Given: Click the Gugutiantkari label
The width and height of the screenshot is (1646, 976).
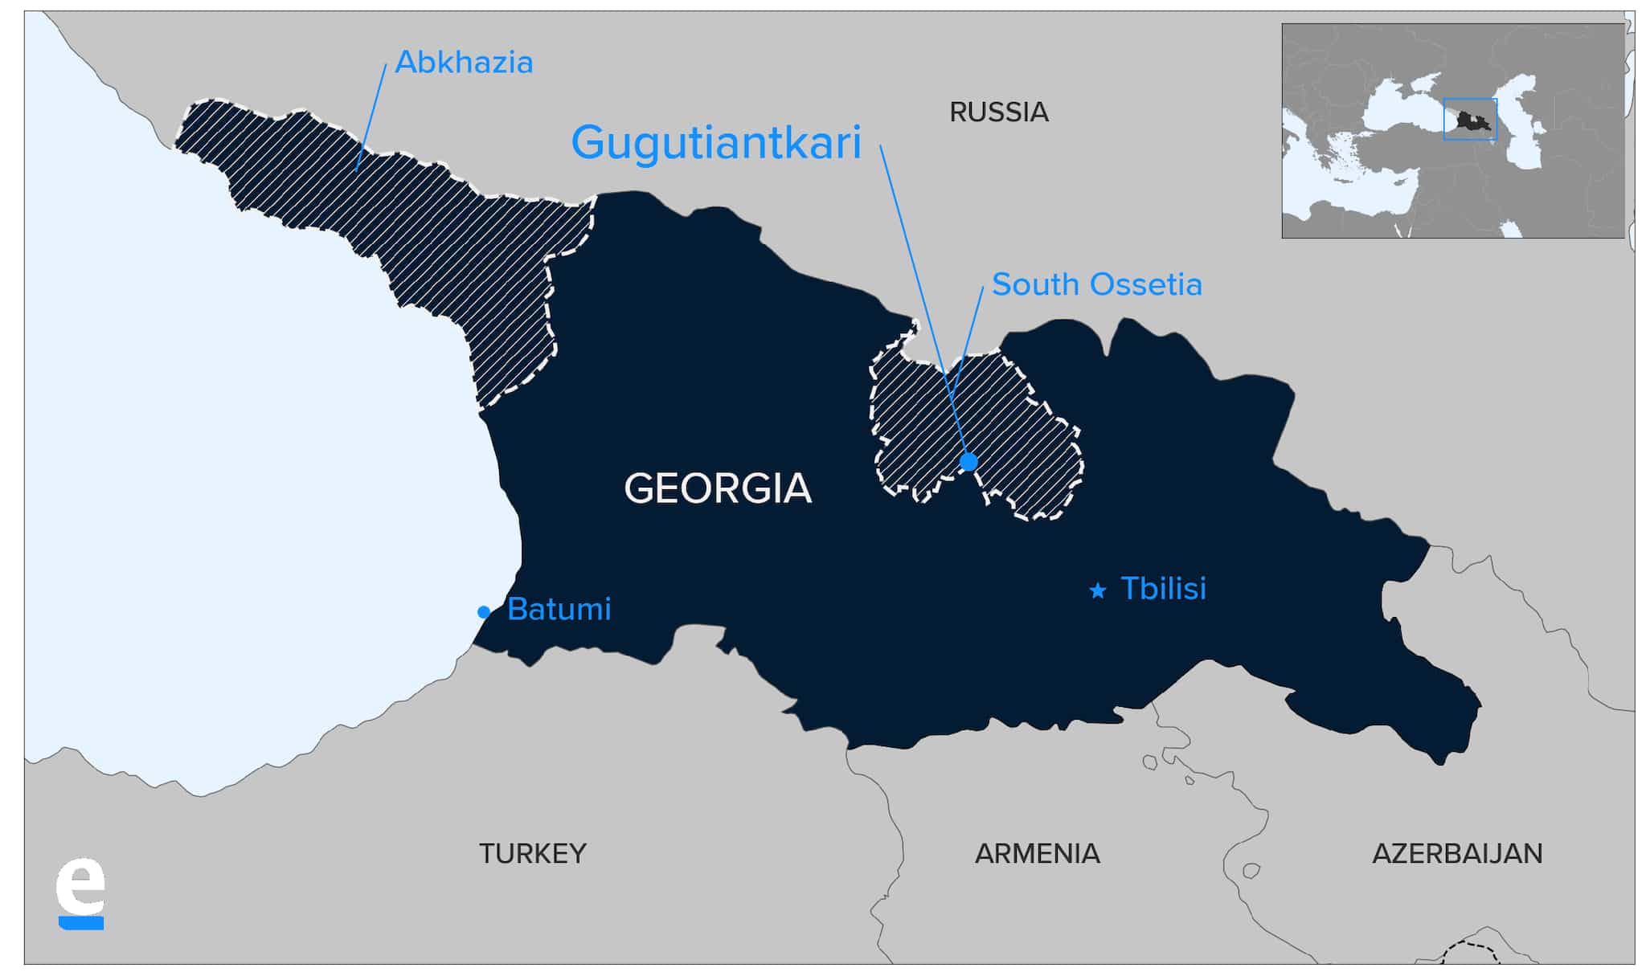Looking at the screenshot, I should click(x=716, y=143).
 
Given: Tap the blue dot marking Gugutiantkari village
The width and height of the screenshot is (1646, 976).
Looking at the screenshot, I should click(x=968, y=462).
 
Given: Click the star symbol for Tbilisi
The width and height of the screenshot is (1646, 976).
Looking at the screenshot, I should click(x=1097, y=590).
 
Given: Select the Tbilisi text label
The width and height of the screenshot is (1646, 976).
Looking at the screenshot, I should click(x=1163, y=589).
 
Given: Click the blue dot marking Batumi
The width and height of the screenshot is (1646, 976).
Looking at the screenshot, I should click(x=484, y=612).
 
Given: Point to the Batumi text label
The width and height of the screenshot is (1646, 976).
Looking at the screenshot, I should click(x=559, y=610).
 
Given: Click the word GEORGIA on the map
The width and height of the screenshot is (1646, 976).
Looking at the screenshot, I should click(x=718, y=488).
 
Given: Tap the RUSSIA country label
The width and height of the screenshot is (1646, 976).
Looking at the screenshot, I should click(x=999, y=112).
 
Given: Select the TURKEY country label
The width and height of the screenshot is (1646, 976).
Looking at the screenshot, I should click(x=533, y=853).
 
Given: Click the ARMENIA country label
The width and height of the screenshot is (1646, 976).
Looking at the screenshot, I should click(x=1038, y=853).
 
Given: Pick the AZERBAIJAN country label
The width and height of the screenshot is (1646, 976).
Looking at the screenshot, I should click(x=1457, y=853).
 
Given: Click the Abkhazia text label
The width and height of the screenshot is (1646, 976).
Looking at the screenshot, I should click(x=465, y=63).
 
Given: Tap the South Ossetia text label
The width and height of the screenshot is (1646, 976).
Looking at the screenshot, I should click(x=1097, y=284).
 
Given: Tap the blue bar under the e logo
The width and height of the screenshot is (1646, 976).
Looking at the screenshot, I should click(x=81, y=924).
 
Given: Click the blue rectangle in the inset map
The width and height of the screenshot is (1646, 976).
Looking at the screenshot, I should click(x=1470, y=100).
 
